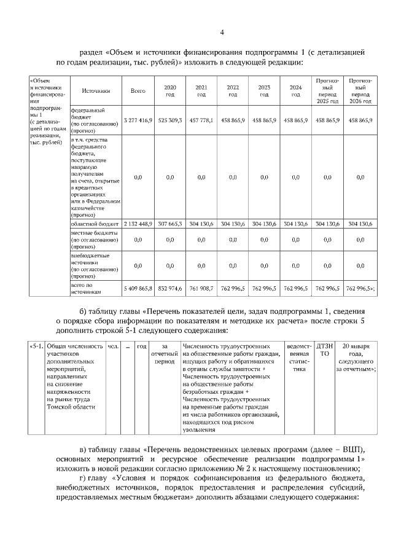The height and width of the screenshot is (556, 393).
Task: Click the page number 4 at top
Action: coord(222,33)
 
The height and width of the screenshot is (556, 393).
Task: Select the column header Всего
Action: coord(138,91)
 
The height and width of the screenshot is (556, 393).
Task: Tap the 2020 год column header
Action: coord(171,91)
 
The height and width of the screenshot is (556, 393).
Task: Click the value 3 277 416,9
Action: coord(138,120)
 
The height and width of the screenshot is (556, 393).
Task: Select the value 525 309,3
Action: coord(171,120)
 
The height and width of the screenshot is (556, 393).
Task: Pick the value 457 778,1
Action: coord(201,120)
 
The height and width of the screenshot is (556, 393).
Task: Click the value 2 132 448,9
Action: coord(138,224)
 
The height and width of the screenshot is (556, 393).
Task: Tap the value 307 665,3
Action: coord(171,224)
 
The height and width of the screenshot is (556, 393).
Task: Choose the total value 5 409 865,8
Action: coord(138,288)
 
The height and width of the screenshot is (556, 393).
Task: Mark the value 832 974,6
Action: coord(171,288)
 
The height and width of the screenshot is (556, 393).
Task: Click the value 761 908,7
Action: coord(201,288)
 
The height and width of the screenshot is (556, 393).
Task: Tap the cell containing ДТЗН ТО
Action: coord(324,350)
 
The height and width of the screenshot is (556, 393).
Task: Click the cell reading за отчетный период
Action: coord(164,354)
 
